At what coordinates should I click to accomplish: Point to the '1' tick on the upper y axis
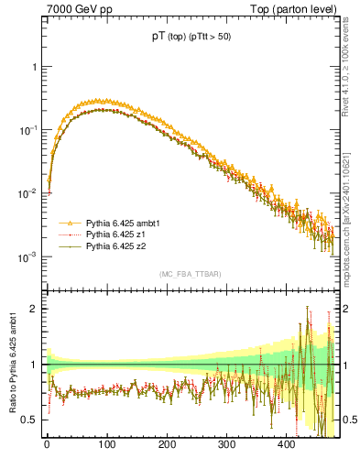pos(34,68)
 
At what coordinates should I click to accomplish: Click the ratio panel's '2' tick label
pos(34,308)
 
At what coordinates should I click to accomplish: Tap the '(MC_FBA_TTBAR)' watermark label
pos(189,275)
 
